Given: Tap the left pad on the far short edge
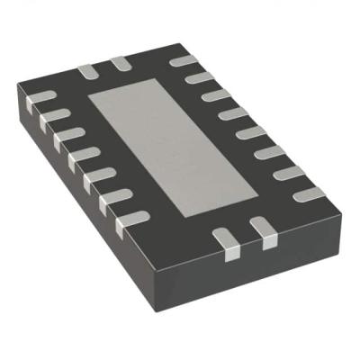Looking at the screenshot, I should coord(87,68).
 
